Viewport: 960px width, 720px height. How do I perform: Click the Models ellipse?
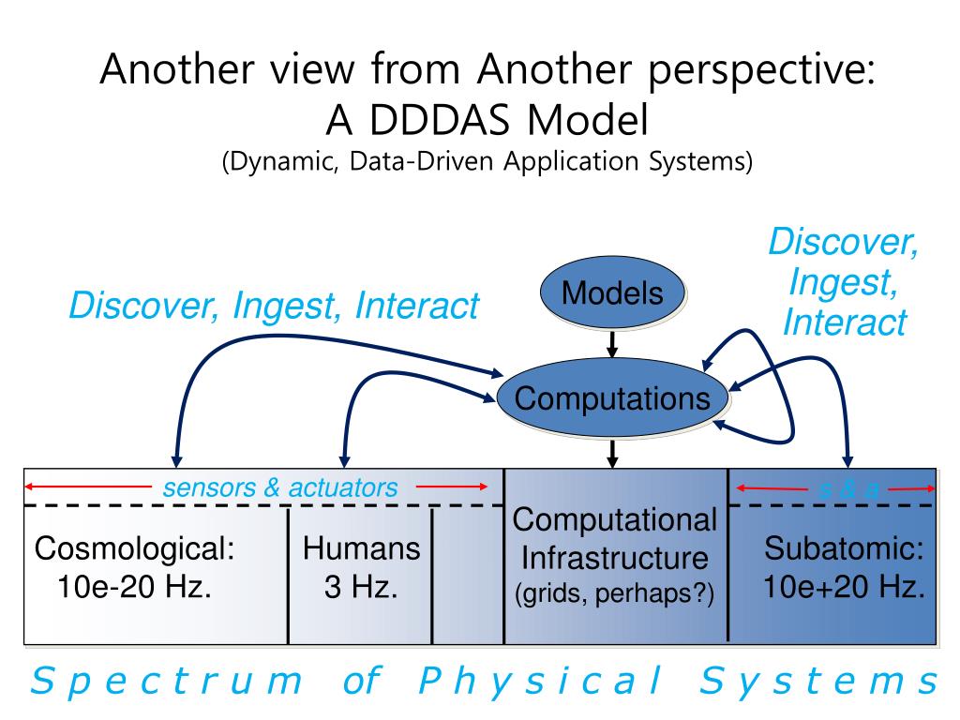coord(612,293)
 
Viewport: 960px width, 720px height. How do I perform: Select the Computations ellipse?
coord(612,398)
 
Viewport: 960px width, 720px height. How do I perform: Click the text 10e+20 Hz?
coord(845,588)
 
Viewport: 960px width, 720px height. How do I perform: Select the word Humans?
coord(361,548)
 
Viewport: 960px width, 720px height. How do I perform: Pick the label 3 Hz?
coord(361,589)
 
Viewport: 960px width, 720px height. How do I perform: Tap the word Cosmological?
coord(134,548)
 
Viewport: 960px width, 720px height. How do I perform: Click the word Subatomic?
coord(845,547)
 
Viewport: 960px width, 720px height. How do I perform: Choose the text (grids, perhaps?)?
coord(614,594)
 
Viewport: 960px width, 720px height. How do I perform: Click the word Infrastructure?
coord(614,559)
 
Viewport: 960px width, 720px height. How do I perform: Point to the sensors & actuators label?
coord(280,487)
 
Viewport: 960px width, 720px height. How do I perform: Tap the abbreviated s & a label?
coord(849,488)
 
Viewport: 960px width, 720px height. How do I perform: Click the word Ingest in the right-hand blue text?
coord(839,281)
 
